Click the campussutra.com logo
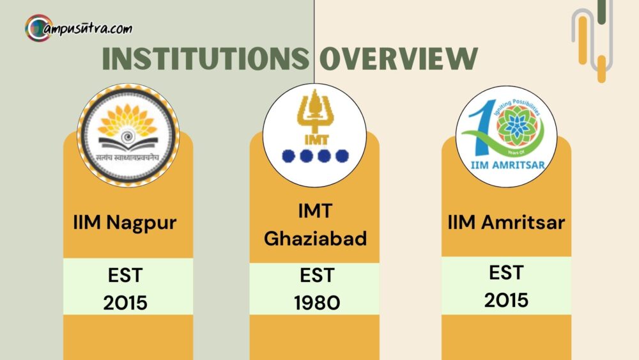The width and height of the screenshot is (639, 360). [79, 28]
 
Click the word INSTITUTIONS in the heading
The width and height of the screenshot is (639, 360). [206, 59]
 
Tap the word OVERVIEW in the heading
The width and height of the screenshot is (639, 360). [398, 59]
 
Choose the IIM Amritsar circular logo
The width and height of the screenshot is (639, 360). [504, 136]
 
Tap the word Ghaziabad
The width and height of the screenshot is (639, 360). [316, 239]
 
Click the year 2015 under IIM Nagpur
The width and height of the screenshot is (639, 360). [125, 302]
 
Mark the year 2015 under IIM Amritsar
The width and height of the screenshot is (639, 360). [507, 300]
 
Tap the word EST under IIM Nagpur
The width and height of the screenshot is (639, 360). [125, 276]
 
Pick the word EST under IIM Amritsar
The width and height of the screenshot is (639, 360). [507, 273]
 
